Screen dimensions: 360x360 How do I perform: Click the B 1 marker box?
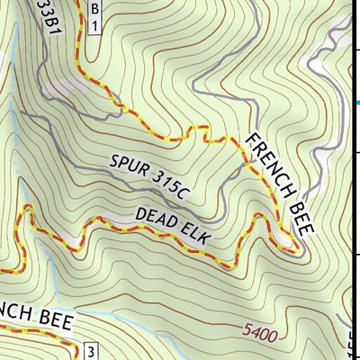tap(94, 16)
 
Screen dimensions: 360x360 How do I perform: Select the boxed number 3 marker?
tap(91, 351)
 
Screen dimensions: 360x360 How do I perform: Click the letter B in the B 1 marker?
tap(94, 8)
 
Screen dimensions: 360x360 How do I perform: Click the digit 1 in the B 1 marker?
tap(94, 24)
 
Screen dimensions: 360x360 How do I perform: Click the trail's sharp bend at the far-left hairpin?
tap(27, 208)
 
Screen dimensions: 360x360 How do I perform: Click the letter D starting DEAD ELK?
tap(141, 211)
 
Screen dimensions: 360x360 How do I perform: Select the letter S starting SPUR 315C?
tap(115, 159)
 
